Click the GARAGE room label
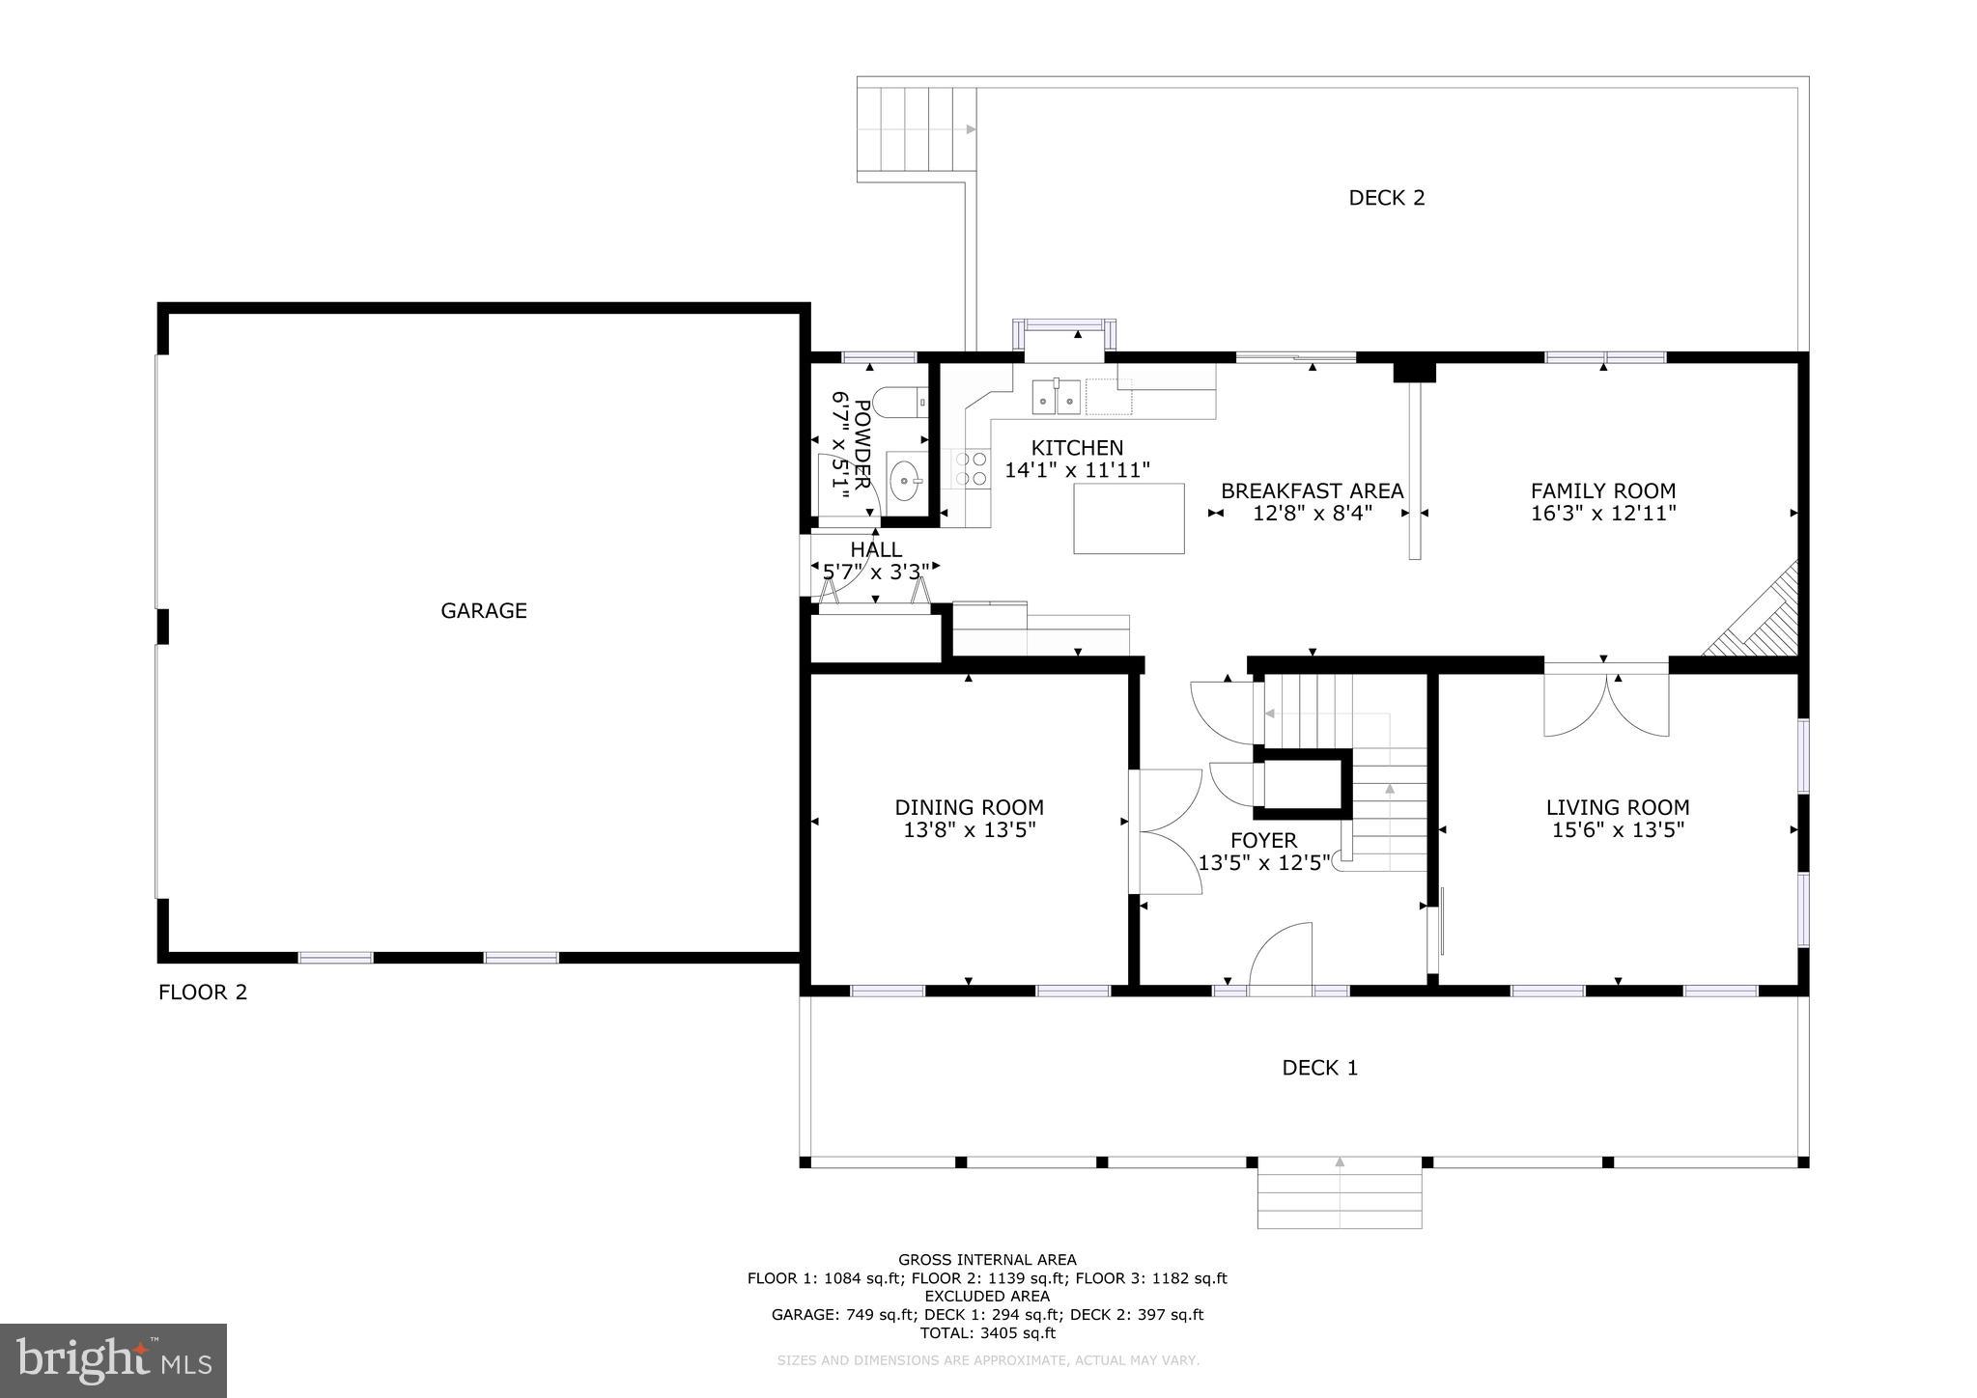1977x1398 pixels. click(484, 610)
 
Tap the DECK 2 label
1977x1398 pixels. click(1387, 198)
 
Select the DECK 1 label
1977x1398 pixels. click(1319, 1068)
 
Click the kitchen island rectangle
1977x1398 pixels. click(1129, 518)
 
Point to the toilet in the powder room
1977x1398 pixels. click(898, 403)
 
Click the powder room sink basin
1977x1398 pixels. click(906, 480)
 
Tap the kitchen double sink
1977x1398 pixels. click(1056, 396)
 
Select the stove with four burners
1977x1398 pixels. click(973, 468)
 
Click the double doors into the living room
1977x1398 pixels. click(1606, 702)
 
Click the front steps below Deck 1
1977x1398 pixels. click(1340, 1198)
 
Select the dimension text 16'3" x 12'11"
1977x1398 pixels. click(1603, 514)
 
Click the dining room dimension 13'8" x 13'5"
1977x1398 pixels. click(970, 830)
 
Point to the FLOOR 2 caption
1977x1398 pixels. click(203, 993)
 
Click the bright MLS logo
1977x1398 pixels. click(114, 1360)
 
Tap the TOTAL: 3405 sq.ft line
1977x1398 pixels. click(987, 1333)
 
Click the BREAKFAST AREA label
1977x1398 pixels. click(1313, 490)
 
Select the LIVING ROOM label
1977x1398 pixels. click(1618, 807)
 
